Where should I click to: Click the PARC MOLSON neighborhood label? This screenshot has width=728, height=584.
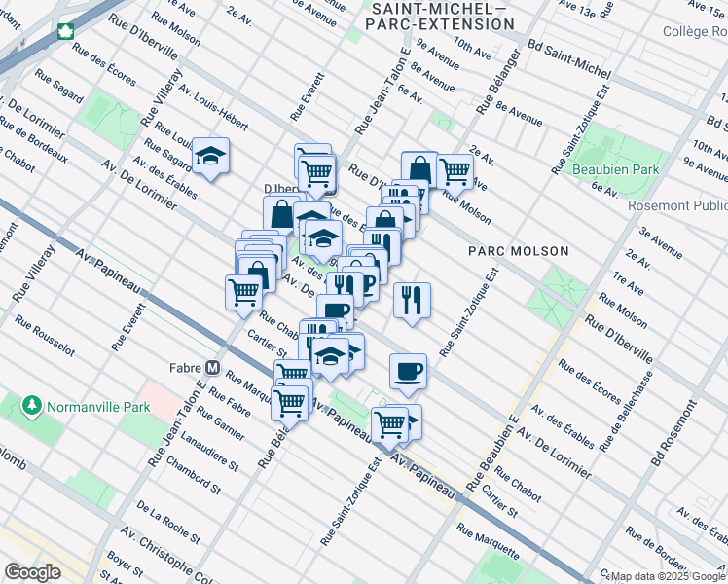[x=517, y=251]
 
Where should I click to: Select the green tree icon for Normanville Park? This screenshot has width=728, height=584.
[x=32, y=403]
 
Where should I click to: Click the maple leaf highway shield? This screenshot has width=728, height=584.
[x=66, y=31]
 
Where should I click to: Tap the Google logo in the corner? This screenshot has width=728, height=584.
[x=32, y=572]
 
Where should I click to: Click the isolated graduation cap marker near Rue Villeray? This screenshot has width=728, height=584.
[x=209, y=156]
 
